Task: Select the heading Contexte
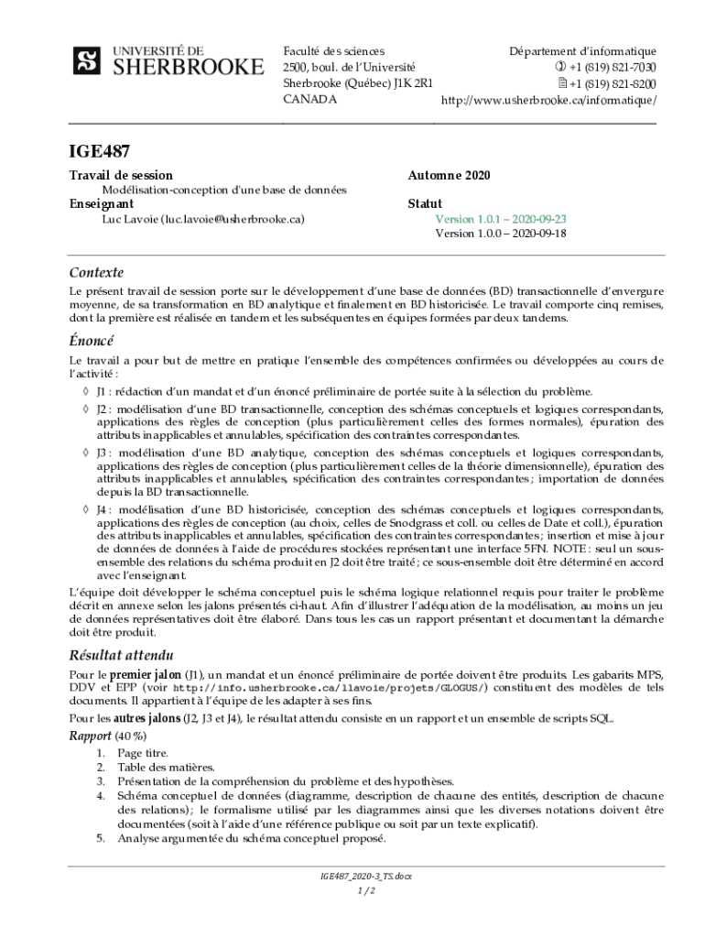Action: tap(96, 272)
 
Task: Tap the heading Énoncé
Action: tap(92, 341)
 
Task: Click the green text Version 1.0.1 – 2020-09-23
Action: tap(500, 219)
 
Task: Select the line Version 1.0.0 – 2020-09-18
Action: tap(500, 234)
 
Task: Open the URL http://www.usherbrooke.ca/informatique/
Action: tap(548, 99)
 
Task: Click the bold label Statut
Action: tap(424, 203)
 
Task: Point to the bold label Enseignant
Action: tap(102, 203)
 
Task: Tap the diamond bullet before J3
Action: tap(84, 453)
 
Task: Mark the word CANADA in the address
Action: tap(309, 99)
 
